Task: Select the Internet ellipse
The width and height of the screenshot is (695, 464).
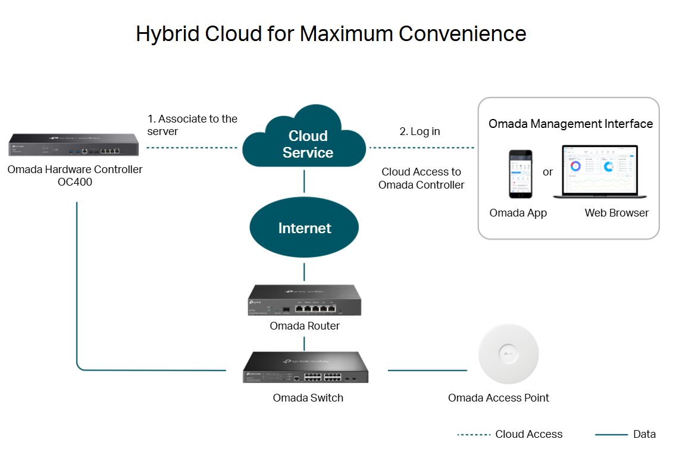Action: pos(304,228)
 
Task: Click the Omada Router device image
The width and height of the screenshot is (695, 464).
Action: pos(304,302)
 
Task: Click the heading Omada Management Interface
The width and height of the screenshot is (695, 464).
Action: pos(571,124)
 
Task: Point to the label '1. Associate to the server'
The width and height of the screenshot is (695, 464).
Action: pos(192,125)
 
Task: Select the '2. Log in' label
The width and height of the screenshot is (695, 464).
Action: pos(419,131)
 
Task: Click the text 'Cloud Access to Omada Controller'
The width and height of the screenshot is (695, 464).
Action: pos(421,178)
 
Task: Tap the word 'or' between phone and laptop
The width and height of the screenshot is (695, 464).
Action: pos(547,173)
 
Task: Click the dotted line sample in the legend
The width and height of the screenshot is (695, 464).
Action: pos(473,435)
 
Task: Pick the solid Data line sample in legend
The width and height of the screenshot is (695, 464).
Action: pos(611,435)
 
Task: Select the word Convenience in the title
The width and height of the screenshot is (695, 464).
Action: pos(462,34)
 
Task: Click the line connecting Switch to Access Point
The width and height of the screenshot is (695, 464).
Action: pos(427,371)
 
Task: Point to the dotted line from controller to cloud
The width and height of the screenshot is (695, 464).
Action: pos(192,148)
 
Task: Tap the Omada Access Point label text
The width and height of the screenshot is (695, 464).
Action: pos(499,398)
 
